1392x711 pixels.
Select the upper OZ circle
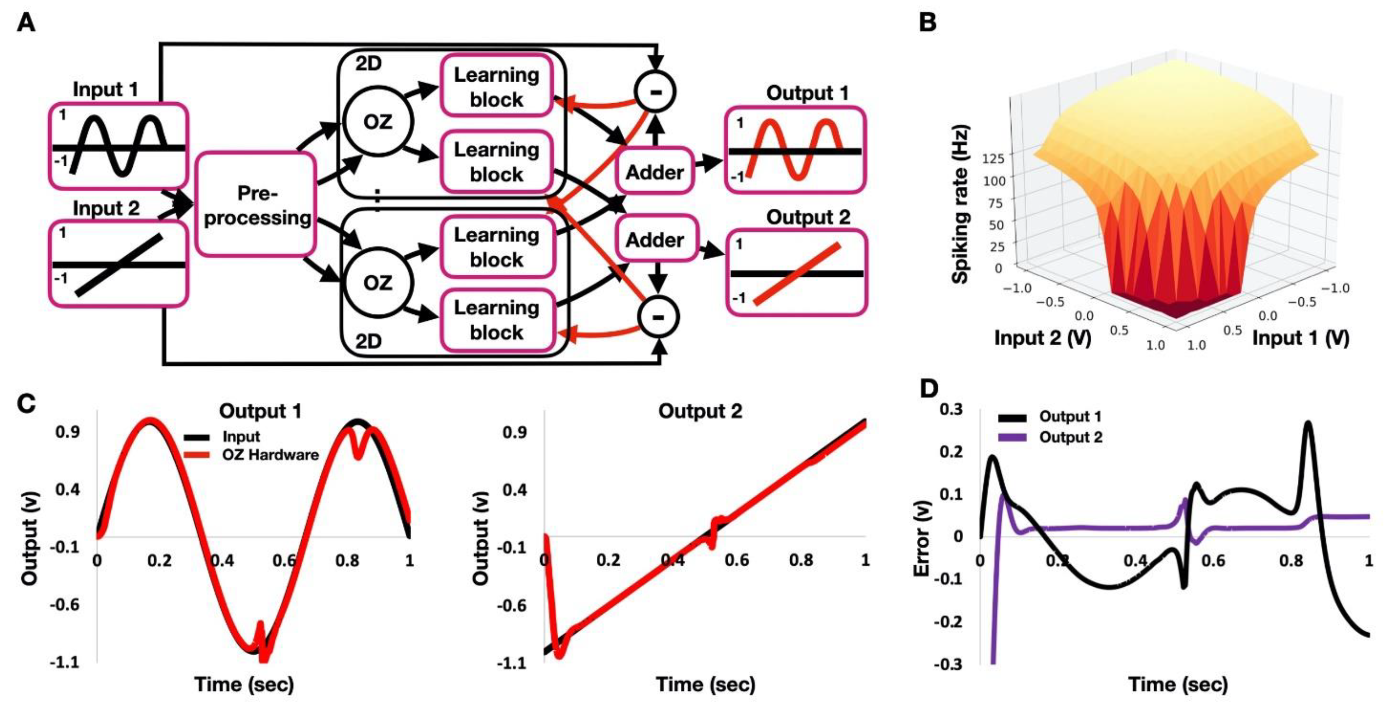(377, 121)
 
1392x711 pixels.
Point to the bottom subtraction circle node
(658, 317)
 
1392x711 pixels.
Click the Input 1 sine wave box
(118, 146)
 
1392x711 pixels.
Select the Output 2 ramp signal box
(797, 273)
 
